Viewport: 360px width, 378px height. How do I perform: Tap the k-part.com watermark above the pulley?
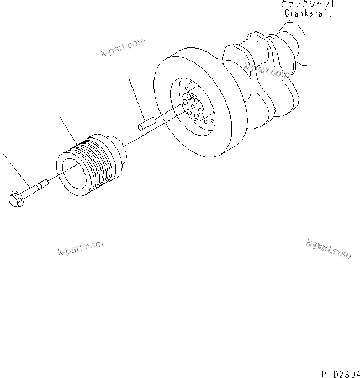tap(123, 47)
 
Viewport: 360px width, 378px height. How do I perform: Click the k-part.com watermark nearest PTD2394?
tap(328, 249)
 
